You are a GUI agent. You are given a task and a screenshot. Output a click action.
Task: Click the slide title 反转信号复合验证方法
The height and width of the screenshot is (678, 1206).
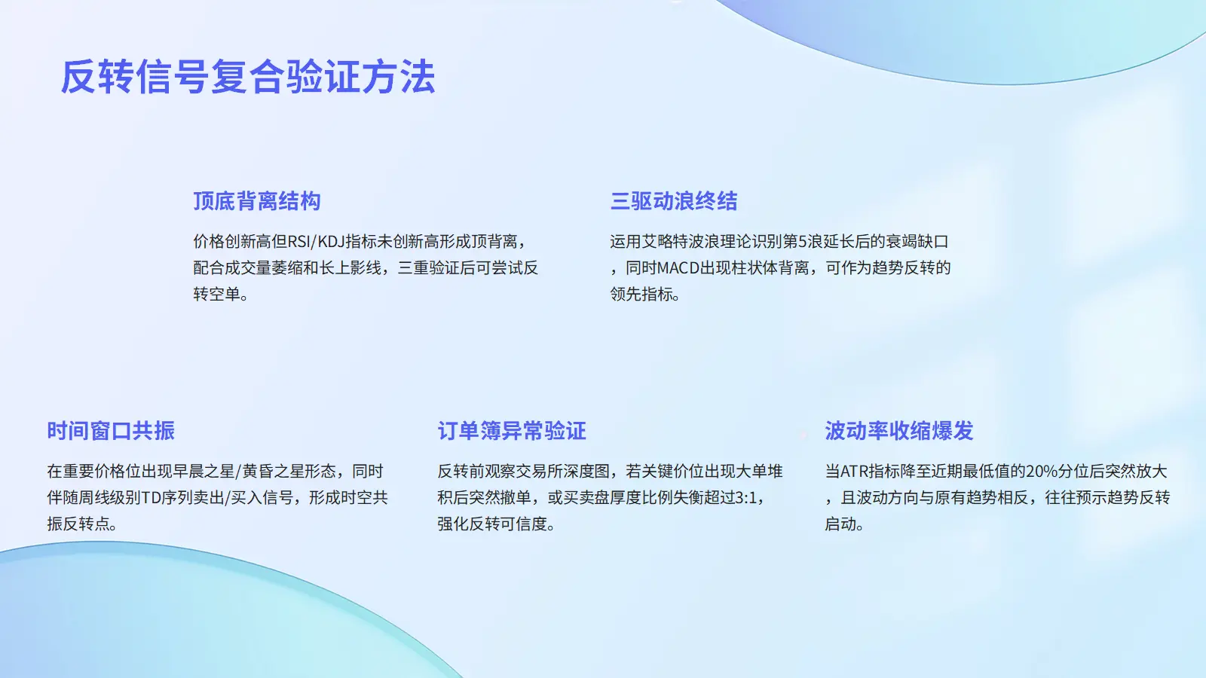pyautogui.click(x=248, y=77)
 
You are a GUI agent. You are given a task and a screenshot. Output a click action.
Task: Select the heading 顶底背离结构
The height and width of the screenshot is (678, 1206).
pyautogui.click(x=257, y=201)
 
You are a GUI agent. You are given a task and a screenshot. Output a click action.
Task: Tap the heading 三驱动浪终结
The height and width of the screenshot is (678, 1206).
pyautogui.click(x=674, y=201)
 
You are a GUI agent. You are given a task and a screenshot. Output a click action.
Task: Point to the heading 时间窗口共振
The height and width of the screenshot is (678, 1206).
pyautogui.click(x=111, y=431)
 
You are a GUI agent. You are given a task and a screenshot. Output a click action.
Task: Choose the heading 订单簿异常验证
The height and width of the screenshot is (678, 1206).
pyautogui.click(x=512, y=431)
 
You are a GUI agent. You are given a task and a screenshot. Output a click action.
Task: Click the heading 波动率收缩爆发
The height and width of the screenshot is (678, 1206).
pyautogui.click(x=899, y=431)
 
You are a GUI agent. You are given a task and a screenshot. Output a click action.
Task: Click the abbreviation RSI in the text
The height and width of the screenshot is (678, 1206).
pyautogui.click(x=298, y=242)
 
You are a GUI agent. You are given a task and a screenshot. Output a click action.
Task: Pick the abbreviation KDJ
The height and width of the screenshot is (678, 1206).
pyautogui.click(x=331, y=242)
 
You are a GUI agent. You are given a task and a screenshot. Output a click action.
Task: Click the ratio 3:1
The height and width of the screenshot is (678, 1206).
pyautogui.click(x=746, y=498)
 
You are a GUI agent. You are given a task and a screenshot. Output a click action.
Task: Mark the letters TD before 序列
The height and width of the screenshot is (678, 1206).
pyautogui.click(x=151, y=498)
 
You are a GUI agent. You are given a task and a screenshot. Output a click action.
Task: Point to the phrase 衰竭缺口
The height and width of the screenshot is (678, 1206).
pyautogui.click(x=917, y=242)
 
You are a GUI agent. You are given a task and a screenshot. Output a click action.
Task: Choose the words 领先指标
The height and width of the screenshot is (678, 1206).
pyautogui.click(x=641, y=294)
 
